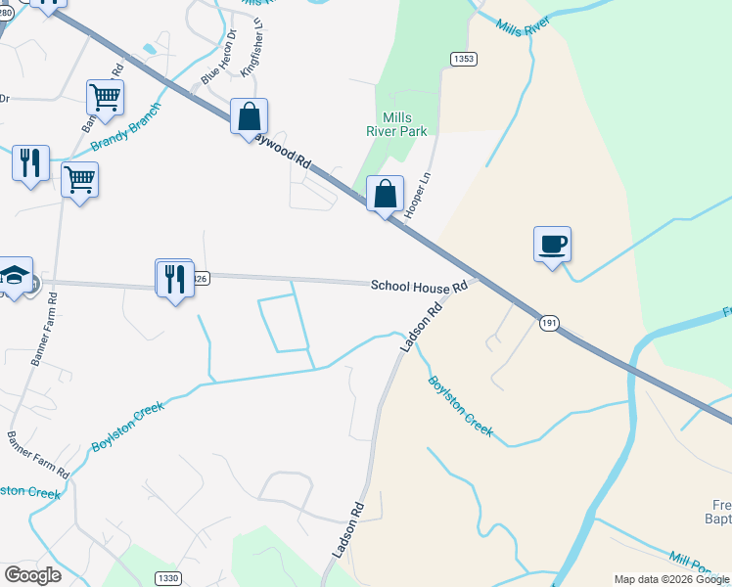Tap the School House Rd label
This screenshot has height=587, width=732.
point(420,286)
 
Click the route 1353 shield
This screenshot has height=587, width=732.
point(464,60)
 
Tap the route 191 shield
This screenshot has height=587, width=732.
point(550,323)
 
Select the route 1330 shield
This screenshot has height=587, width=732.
point(168,578)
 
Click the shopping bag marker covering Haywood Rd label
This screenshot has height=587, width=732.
point(250,116)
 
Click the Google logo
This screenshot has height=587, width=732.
point(32,575)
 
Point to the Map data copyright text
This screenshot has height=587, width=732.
point(671,579)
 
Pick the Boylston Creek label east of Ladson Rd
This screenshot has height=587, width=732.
point(461,405)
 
